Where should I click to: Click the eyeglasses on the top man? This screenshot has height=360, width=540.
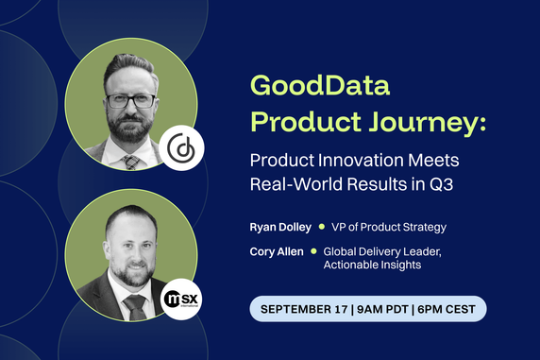131,100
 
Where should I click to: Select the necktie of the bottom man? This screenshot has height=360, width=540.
135,306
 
